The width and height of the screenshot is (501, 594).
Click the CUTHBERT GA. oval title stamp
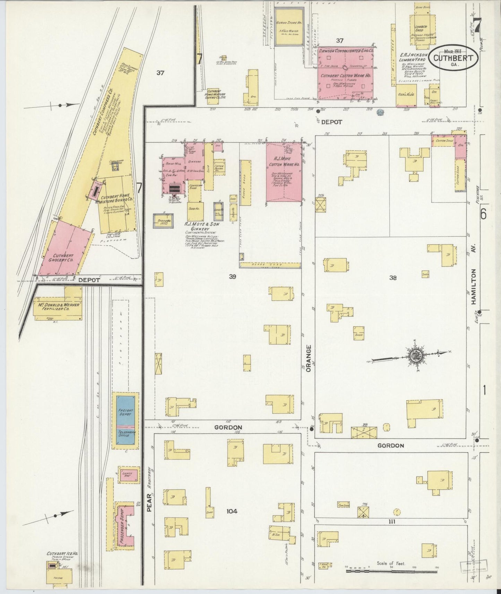click(454, 58)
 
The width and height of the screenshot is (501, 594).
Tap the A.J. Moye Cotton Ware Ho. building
click(284, 172)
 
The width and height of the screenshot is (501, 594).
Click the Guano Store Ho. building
click(289, 27)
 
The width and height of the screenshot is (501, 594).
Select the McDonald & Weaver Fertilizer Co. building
click(58, 306)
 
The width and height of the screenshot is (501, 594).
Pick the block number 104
click(232, 511)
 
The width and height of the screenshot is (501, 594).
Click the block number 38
click(392, 278)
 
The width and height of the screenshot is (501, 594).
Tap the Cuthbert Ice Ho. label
click(62, 554)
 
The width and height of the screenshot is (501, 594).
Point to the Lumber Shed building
click(421, 29)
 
